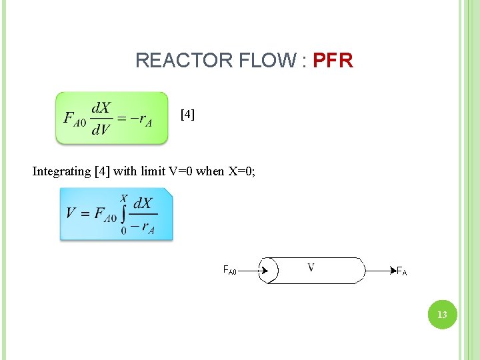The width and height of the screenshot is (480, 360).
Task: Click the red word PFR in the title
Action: [x=333, y=61]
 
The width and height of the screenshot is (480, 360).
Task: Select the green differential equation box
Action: [x=111, y=118]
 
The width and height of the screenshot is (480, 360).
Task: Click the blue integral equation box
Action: [x=116, y=213]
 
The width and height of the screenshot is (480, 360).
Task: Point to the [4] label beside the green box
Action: [x=188, y=115]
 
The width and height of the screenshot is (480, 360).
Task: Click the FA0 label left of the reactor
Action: [x=229, y=271]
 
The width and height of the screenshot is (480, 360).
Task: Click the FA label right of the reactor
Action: [x=401, y=271]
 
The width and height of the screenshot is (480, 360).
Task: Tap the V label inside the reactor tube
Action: [x=311, y=267]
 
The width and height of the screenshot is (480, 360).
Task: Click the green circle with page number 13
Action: [x=442, y=314]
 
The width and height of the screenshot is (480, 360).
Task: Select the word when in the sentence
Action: [x=211, y=171]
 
